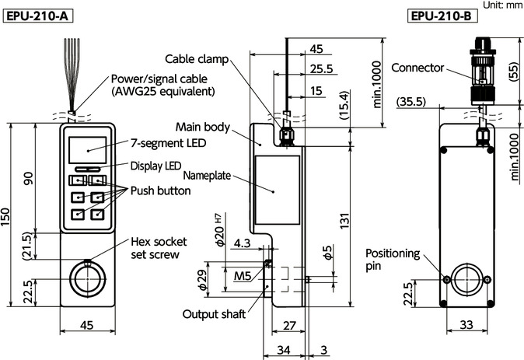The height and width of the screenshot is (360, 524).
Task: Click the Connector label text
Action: pyautogui.click(x=417, y=67)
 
